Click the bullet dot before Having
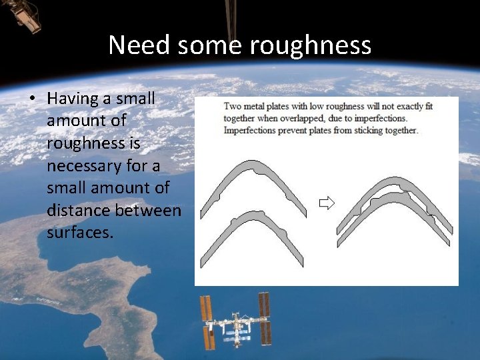(31, 99)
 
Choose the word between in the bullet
(150, 211)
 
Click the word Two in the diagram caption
(233, 106)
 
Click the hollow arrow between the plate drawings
(326, 203)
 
